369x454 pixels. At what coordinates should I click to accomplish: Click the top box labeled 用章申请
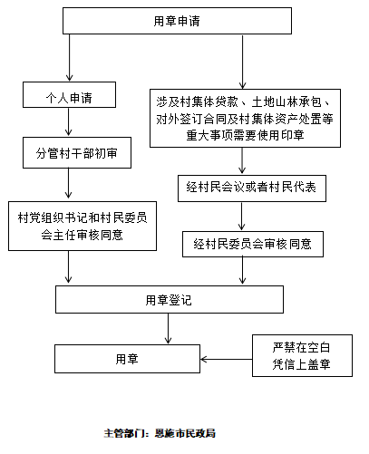[177, 21]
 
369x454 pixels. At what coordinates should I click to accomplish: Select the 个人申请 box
[69, 94]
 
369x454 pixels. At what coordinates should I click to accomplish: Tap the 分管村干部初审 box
[77, 152]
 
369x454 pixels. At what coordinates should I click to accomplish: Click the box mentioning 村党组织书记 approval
[83, 226]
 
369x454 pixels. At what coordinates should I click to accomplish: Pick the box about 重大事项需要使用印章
[245, 118]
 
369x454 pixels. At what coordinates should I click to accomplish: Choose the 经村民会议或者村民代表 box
[252, 188]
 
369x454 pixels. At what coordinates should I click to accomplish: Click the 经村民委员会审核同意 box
[253, 244]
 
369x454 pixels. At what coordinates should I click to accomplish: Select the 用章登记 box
[170, 299]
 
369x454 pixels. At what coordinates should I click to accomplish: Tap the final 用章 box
[127, 359]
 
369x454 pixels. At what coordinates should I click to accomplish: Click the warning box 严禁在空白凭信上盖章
[302, 355]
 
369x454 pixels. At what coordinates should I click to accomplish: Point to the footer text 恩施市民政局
[185, 433]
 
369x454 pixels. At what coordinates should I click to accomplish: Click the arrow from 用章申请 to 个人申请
[69, 57]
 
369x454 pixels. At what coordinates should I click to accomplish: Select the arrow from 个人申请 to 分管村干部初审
[68, 121]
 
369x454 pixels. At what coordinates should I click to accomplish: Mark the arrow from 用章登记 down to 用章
[168, 328]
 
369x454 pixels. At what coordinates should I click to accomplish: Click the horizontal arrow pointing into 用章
[226, 359]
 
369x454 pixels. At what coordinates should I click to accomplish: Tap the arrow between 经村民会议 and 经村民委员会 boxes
[241, 216]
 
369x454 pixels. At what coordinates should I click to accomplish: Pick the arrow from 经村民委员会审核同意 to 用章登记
[242, 270]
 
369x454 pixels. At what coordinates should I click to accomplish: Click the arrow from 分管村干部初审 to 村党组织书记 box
[68, 183]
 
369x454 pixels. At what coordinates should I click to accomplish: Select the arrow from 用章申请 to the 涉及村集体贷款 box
[242, 62]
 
